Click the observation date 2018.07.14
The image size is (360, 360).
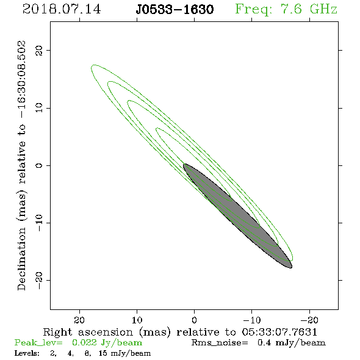pos(62,9)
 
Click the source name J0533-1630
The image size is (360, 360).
pos(175,10)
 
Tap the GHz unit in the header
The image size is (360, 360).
pos(323,9)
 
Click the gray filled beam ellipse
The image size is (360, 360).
pos(237,216)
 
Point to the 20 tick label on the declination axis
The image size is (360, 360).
pos(39,51)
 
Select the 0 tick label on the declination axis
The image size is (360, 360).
pos(39,165)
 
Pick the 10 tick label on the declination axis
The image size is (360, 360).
pos(39,108)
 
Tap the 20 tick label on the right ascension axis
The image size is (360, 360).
pos(79,320)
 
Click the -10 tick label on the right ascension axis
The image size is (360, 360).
pos(252,320)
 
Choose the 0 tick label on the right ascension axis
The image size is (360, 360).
pos(194,320)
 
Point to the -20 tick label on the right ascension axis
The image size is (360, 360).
pos(309,320)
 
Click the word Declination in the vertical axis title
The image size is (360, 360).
pos(21,259)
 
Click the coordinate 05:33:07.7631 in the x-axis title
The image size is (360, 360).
pos(279,332)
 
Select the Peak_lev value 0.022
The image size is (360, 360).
pos(84,342)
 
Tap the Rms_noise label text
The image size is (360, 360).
pos(220,343)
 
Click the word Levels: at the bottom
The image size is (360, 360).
pos(27,353)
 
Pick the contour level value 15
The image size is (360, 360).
pos(103,353)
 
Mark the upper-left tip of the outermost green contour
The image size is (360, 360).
pos(92,67)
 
